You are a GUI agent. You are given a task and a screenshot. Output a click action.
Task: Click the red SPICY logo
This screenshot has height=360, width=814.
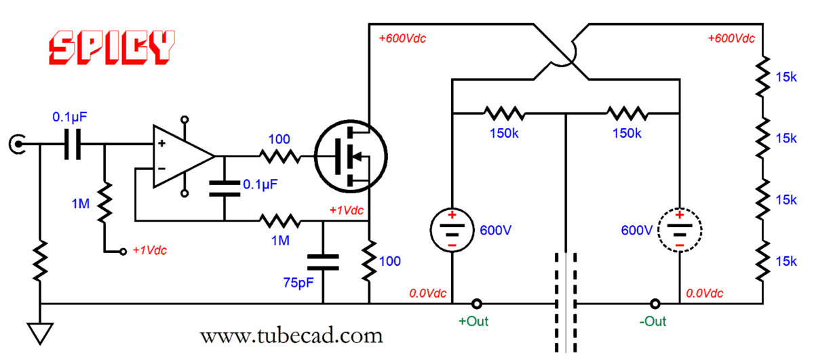tap(111, 47)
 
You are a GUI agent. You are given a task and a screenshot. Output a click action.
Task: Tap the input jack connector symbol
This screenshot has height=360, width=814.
tap(16, 144)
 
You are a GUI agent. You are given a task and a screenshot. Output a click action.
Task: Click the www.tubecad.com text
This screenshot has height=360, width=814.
tap(291, 335)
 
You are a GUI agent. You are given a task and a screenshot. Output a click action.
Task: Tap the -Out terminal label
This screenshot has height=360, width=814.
tap(653, 321)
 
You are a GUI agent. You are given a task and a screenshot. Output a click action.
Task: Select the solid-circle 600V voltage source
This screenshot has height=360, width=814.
tap(451, 230)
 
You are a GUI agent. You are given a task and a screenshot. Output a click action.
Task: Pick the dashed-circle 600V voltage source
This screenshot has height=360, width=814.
tap(680, 230)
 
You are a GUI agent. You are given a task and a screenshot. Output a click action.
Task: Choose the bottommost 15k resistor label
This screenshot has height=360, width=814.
tap(786, 260)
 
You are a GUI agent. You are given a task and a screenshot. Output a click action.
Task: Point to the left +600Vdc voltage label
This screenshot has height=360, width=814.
tap(403, 39)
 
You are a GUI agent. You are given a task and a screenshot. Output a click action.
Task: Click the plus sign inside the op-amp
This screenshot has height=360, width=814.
tap(162, 144)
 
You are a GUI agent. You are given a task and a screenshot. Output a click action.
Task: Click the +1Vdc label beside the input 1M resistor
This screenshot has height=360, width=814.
tap(149, 250)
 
